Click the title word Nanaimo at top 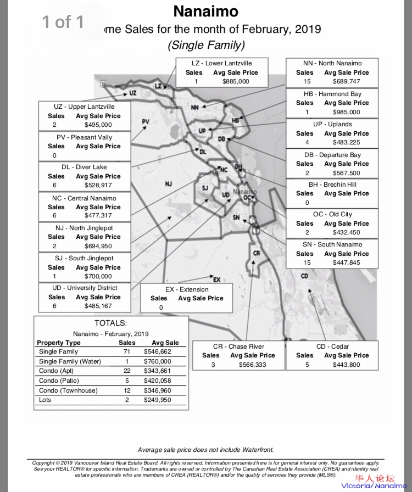point(206,11)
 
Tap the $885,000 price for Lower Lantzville point(236,81)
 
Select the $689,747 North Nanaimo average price point(347,81)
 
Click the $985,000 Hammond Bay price point(347,112)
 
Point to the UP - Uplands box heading point(332,124)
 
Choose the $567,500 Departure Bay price point(347,173)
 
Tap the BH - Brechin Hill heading point(332,185)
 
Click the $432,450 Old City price point(347,232)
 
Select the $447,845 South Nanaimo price point(347,262)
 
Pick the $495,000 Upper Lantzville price point(98,125)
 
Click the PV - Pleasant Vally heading point(84,137)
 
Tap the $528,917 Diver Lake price point(98,186)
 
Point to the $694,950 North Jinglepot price point(98,246)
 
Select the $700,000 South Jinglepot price point(98,276)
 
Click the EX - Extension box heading point(187,289)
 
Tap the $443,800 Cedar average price point(347,365)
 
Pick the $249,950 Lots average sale point(157,400)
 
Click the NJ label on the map point(169,184)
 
